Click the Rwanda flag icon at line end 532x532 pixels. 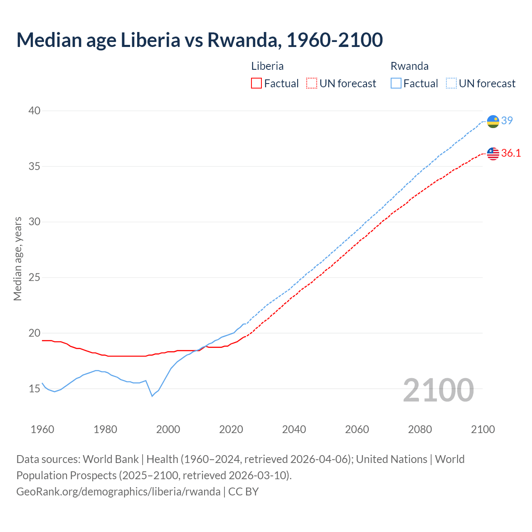(x=493, y=121)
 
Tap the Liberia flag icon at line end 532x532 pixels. (x=493, y=153)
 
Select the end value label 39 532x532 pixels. (x=507, y=121)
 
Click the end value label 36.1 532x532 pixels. (x=511, y=153)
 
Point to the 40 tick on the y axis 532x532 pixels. (x=34, y=111)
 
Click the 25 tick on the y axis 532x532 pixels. (x=34, y=277)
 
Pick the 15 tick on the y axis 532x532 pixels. (x=34, y=389)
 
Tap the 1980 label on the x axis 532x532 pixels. (x=105, y=429)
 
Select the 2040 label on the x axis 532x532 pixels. (x=294, y=429)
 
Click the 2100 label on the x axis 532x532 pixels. (x=483, y=429)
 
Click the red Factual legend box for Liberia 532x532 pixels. (x=256, y=83)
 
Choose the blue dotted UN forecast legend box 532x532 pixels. (x=451, y=83)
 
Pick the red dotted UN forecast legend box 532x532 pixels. (x=312, y=83)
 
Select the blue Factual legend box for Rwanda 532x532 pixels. (x=396, y=83)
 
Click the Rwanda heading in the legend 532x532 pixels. (x=409, y=66)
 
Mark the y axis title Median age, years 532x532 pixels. (x=17, y=259)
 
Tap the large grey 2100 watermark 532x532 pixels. (x=438, y=390)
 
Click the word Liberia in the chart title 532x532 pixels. (x=150, y=40)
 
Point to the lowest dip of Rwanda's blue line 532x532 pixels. (x=152, y=396)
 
